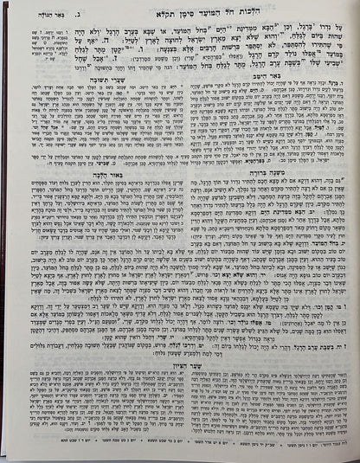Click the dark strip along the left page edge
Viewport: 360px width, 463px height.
click(3, 234)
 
